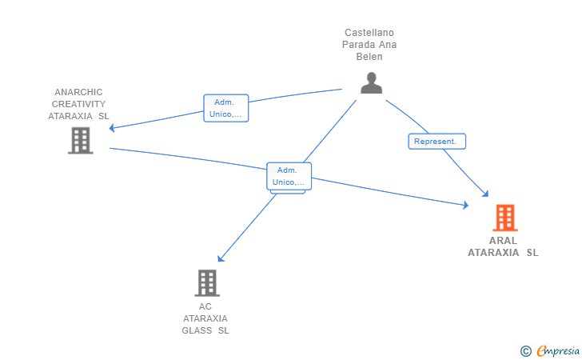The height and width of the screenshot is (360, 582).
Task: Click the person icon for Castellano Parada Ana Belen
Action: [x=371, y=83]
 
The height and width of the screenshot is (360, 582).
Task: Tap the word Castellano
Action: [x=369, y=33]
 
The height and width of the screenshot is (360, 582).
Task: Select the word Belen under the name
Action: [x=369, y=57]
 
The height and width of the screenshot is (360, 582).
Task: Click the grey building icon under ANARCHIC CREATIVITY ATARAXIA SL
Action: [x=81, y=141]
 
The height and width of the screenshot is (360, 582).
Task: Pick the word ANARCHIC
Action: [x=78, y=92]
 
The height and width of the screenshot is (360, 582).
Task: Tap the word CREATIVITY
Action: [x=78, y=104]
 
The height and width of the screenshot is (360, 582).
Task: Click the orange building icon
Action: [x=505, y=218]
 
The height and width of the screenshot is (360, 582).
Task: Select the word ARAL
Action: [x=503, y=241]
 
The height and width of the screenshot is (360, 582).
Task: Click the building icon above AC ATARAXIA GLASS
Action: [x=207, y=283]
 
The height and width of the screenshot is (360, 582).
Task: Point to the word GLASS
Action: [x=197, y=330]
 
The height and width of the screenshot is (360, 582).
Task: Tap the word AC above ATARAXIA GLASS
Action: [x=205, y=306]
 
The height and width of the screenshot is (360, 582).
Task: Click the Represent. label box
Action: [x=436, y=141]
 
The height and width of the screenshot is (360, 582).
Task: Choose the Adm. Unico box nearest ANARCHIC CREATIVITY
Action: [x=226, y=108]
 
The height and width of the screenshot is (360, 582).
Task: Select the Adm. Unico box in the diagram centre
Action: [x=289, y=176]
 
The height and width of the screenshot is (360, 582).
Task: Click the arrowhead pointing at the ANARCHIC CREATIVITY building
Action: [x=112, y=128]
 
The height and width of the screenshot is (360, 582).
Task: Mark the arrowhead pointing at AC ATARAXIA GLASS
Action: [x=221, y=258]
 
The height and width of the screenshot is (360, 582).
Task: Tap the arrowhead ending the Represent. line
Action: [x=485, y=194]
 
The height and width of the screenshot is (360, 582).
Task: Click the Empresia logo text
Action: [x=558, y=350]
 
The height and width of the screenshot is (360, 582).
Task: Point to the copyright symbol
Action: [x=526, y=351]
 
